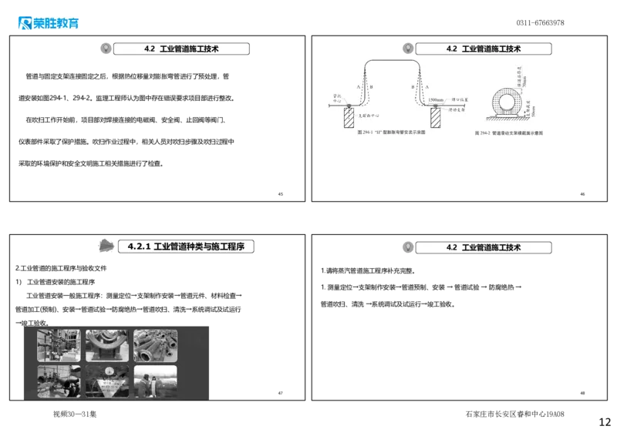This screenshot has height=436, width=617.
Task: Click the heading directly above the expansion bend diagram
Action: (x=484, y=49)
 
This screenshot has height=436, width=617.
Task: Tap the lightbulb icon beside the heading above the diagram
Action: (x=406, y=48)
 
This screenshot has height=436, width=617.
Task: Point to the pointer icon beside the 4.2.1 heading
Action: (x=104, y=245)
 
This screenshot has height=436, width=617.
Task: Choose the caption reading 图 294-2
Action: (x=508, y=133)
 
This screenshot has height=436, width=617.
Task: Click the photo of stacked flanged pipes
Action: (x=155, y=346)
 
